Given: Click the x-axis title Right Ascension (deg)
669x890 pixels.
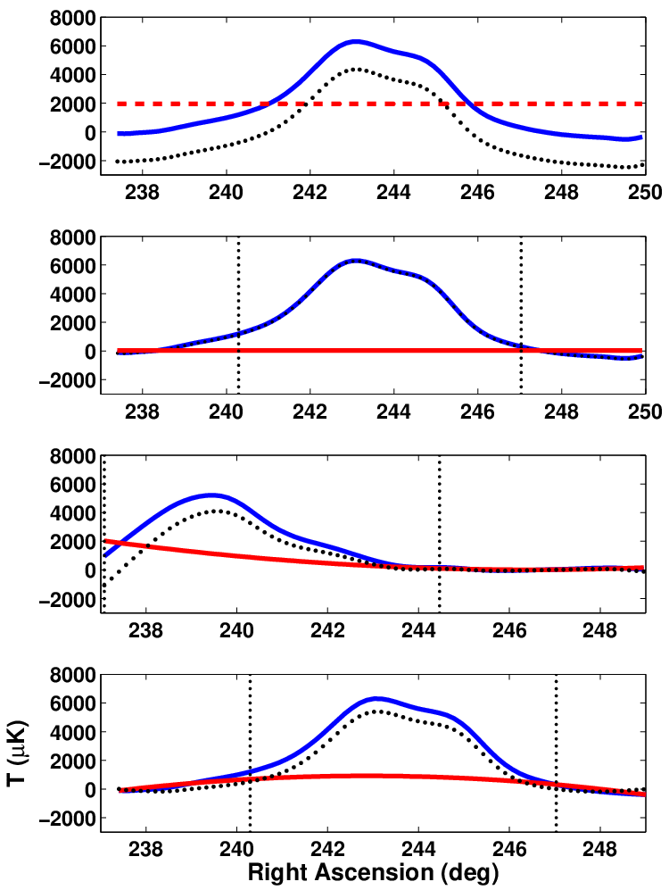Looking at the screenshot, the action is pyautogui.click(x=373, y=872).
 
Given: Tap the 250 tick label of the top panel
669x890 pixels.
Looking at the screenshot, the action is pyautogui.click(x=646, y=193).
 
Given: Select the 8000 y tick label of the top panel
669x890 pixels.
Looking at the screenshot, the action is pyautogui.click(x=72, y=18).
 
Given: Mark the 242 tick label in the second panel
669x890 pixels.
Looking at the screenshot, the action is pyautogui.click(x=310, y=412).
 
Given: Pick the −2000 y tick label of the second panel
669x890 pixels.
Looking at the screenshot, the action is pyautogui.click(x=67, y=380).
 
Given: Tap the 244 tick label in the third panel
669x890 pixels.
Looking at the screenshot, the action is pyautogui.click(x=418, y=630).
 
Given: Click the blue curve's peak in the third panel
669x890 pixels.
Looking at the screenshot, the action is pyautogui.click(x=211, y=495).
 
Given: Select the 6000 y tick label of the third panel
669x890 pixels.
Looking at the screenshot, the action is pyautogui.click(x=72, y=485).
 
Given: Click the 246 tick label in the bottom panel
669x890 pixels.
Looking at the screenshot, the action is pyautogui.click(x=509, y=850).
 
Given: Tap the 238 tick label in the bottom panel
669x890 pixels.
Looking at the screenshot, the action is pyautogui.click(x=146, y=850).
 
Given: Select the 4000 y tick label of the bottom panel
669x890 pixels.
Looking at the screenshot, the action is pyautogui.click(x=72, y=733).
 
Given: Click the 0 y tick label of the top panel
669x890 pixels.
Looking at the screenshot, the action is pyautogui.click(x=88, y=133).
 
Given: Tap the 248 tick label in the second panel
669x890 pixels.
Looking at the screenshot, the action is pyautogui.click(x=561, y=412).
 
